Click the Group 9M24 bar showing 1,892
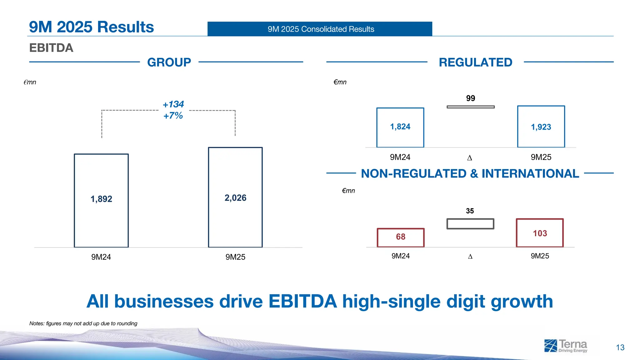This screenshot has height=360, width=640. click(x=101, y=200)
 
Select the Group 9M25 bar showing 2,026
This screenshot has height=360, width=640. click(x=235, y=197)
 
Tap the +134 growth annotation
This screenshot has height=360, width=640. click(x=173, y=104)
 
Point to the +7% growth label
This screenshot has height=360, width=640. click(x=173, y=116)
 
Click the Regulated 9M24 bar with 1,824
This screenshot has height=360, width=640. click(x=400, y=127)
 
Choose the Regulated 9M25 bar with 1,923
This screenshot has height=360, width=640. click(x=541, y=127)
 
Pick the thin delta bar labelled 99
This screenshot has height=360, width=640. click(x=471, y=107)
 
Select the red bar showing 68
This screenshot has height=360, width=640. click(x=401, y=237)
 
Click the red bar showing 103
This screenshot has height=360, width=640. click(x=540, y=233)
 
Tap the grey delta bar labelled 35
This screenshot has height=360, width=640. click(x=470, y=224)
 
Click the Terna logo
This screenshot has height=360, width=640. click(x=566, y=346)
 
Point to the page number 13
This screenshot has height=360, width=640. click(x=620, y=347)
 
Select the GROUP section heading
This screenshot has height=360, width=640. click(x=169, y=62)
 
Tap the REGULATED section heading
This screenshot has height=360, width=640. click(x=475, y=62)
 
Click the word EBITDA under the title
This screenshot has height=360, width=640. click(x=51, y=48)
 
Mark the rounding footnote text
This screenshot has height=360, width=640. click(x=83, y=323)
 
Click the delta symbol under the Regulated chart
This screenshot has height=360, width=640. click(x=469, y=158)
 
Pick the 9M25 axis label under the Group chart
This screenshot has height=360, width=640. click(x=235, y=257)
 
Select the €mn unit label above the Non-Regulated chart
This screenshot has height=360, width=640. click(x=348, y=191)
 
